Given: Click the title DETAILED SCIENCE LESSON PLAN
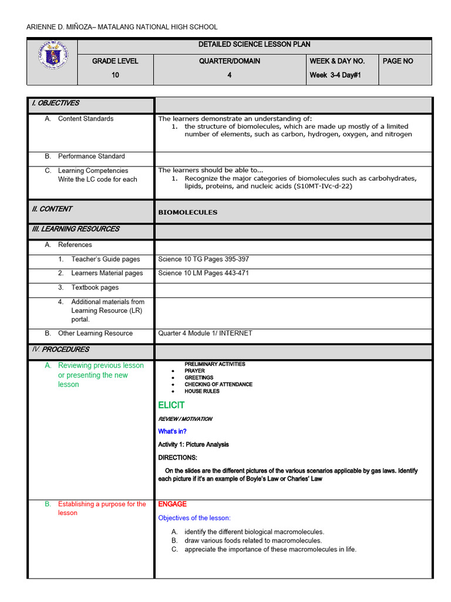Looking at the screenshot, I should [x=254, y=45].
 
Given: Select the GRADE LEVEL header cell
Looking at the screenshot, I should [x=115, y=61].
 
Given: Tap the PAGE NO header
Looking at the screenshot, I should [x=398, y=61].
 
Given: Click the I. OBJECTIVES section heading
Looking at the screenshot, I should [x=55, y=103].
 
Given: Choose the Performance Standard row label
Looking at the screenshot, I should [x=91, y=156].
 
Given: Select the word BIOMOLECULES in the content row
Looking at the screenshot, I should [x=187, y=212].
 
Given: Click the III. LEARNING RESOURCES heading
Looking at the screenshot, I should [x=75, y=229].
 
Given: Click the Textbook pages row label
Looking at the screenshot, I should [x=95, y=287].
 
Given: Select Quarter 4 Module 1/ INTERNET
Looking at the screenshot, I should [x=205, y=333].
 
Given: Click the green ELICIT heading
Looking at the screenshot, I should [x=171, y=405].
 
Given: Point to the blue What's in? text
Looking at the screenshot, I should [x=172, y=432].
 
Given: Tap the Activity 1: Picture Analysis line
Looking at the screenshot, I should [x=193, y=445].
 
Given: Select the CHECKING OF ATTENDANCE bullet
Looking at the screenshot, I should [x=218, y=384].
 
